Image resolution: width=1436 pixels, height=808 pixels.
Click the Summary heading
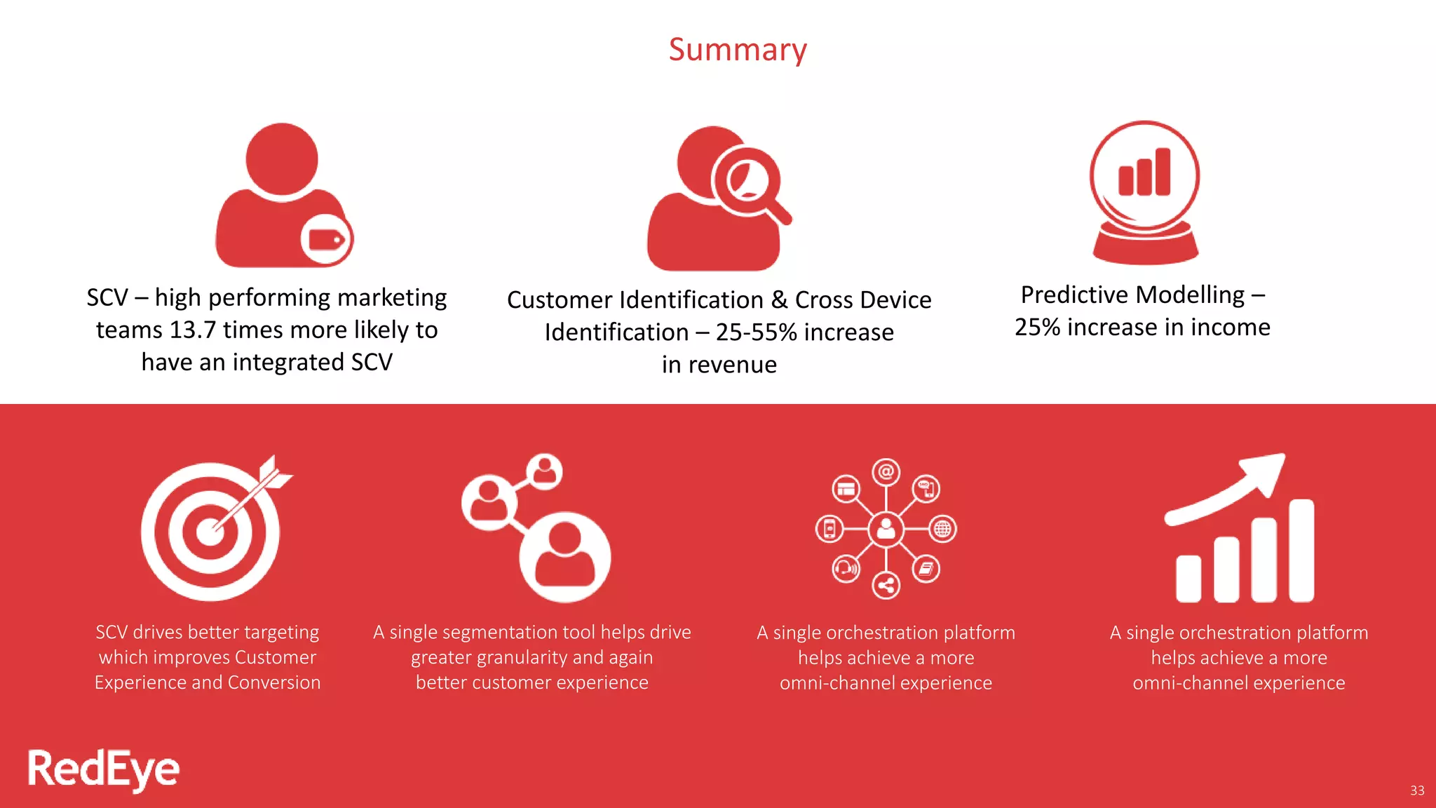[x=738, y=50]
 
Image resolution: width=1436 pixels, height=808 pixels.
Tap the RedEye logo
[x=103, y=769]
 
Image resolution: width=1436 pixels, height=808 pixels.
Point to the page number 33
[x=1417, y=790]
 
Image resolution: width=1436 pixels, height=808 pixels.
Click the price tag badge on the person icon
[x=327, y=240]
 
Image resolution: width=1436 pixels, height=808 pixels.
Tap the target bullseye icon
[x=210, y=531]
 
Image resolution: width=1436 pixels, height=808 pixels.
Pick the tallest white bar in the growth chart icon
[x=1301, y=550]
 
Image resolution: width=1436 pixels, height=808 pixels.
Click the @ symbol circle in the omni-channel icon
[x=886, y=472]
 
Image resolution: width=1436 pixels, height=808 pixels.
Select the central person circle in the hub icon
[x=886, y=530]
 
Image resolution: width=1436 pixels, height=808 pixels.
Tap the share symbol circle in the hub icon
[x=886, y=585]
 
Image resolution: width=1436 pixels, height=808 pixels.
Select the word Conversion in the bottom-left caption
[x=274, y=682]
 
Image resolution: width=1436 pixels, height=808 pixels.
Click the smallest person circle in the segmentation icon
[x=545, y=471]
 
